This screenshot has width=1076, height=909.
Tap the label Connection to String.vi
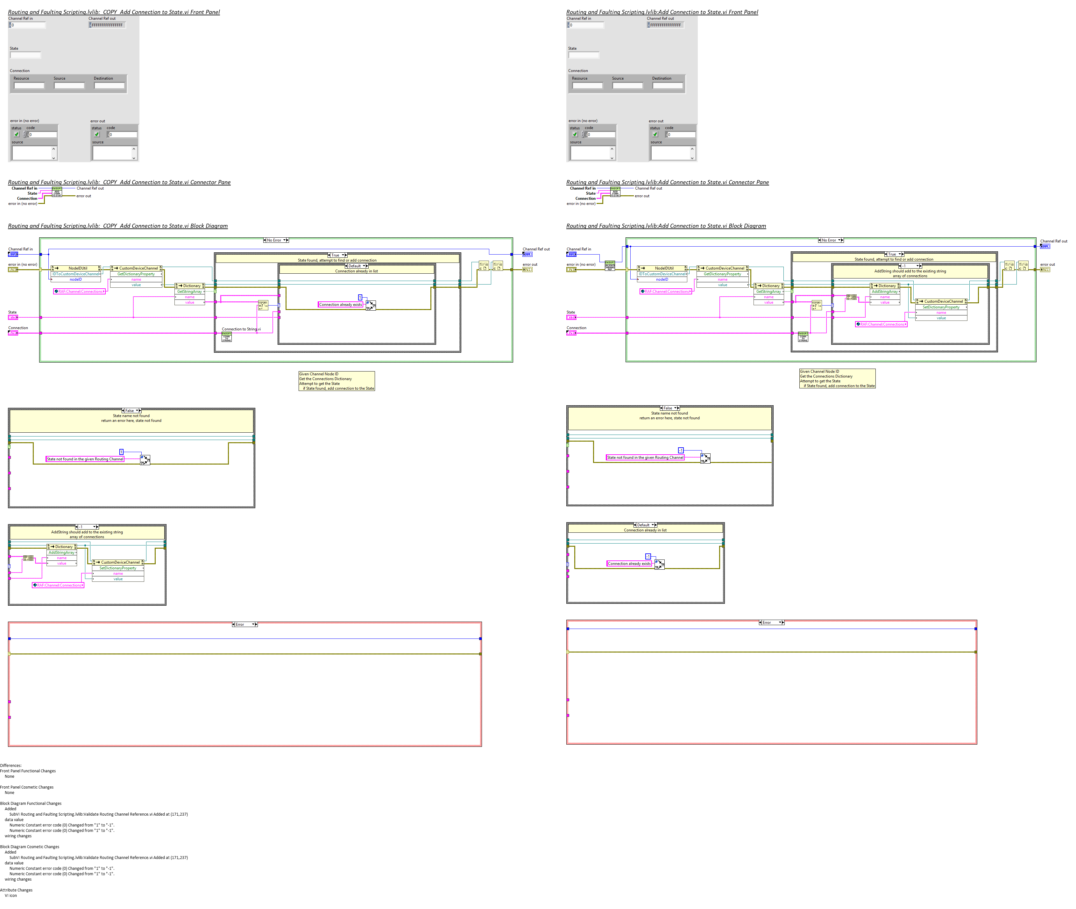click(241, 329)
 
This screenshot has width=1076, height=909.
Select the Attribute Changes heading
click(16, 890)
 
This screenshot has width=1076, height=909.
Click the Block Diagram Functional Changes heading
click(30, 803)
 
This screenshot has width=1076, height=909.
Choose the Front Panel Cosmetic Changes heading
click(27, 787)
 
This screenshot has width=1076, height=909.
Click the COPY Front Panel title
click(114, 12)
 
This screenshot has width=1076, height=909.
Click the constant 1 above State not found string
click(122, 452)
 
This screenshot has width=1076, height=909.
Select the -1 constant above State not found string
click(681, 451)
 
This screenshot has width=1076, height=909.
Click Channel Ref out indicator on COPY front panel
click(107, 25)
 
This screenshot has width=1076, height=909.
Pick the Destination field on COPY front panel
click(109, 85)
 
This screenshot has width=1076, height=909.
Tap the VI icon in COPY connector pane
click(57, 192)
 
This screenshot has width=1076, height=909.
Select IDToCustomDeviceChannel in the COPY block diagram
click(76, 274)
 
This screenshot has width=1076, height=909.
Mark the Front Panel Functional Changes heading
click(28, 771)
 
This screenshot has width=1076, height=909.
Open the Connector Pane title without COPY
click(667, 182)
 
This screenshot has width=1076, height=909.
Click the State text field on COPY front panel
click(25, 55)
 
